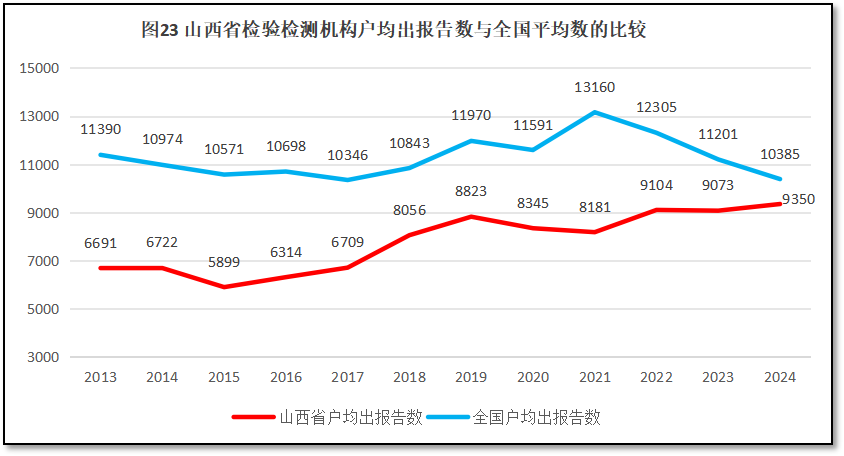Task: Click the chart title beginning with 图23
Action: click(394, 30)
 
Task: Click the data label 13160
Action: click(594, 88)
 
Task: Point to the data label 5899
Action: click(224, 263)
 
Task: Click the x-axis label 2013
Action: click(100, 377)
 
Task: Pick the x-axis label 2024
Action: click(780, 377)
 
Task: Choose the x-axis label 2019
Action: click(471, 377)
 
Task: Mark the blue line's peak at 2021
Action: click(595, 112)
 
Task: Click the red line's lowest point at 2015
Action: click(224, 287)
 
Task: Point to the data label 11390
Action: click(100, 130)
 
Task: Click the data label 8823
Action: click(471, 190)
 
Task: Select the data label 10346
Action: click(347, 155)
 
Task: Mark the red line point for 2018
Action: click(409, 235)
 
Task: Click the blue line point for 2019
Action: click(471, 141)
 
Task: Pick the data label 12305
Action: click(657, 108)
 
